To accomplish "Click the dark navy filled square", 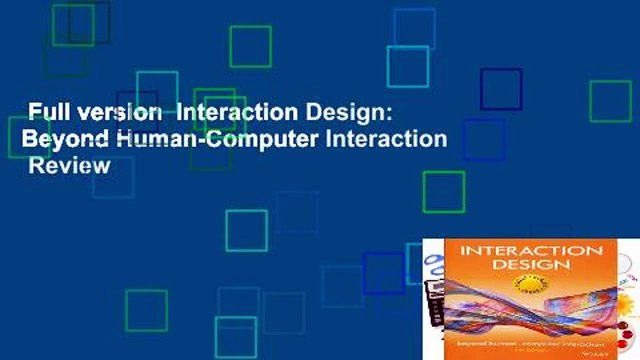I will pos(501,89).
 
